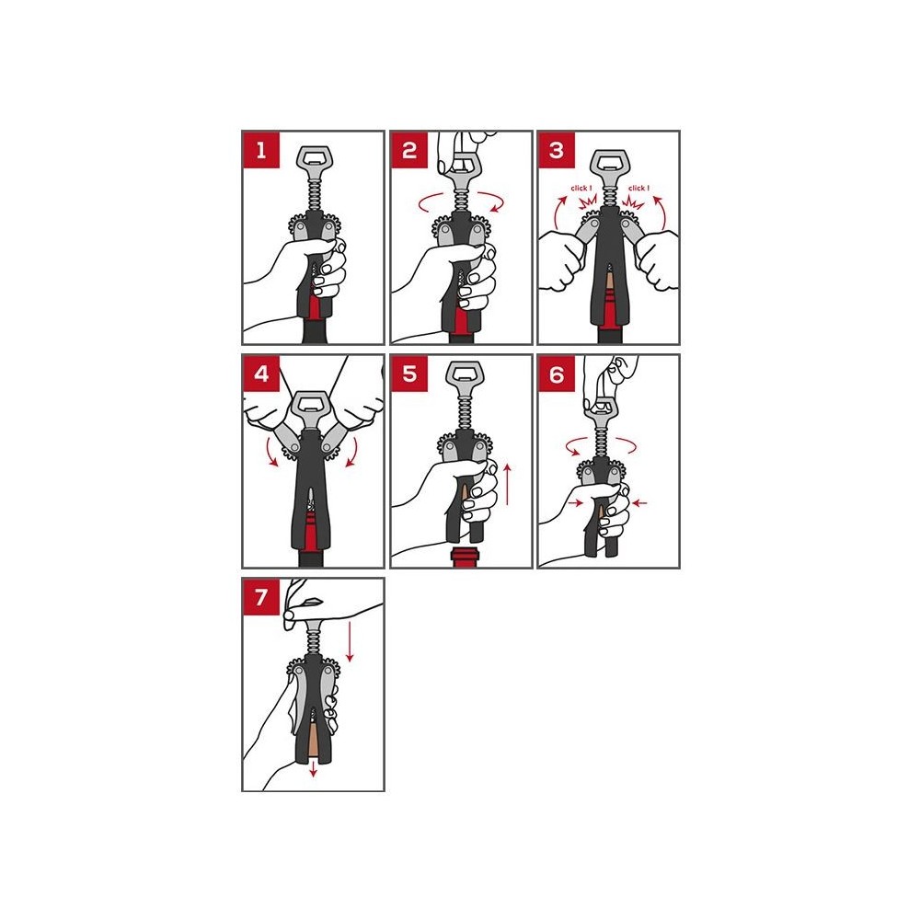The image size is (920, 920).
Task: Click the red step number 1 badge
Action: [261, 150]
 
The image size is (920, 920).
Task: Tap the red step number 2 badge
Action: [409, 150]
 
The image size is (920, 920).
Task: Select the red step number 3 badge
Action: [557, 150]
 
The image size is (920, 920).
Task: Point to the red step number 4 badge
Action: [261, 374]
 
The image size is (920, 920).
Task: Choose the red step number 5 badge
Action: [409, 374]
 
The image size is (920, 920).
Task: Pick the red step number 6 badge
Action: [557, 374]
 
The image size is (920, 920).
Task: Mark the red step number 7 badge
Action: [261, 597]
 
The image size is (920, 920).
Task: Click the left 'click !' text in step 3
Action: [581, 189]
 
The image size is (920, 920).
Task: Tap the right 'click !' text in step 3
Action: [639, 189]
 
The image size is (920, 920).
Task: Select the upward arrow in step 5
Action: [508, 484]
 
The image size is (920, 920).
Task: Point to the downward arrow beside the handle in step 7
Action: [350, 642]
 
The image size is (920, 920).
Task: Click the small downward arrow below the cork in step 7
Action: [314, 768]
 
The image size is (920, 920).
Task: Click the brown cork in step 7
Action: [314, 742]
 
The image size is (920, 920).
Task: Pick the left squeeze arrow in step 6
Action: [575, 503]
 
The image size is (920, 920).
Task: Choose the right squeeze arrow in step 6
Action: [639, 503]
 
